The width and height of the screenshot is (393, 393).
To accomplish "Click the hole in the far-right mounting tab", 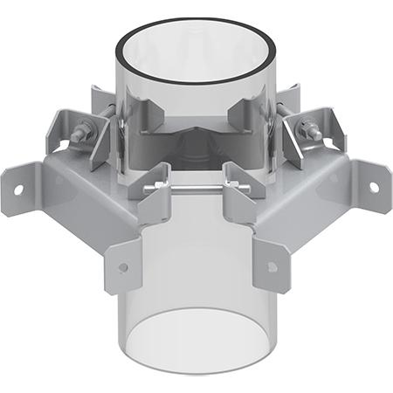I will [374, 187].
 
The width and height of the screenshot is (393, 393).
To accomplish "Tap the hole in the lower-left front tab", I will [123, 267].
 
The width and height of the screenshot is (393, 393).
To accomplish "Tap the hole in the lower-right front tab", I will [272, 267].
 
